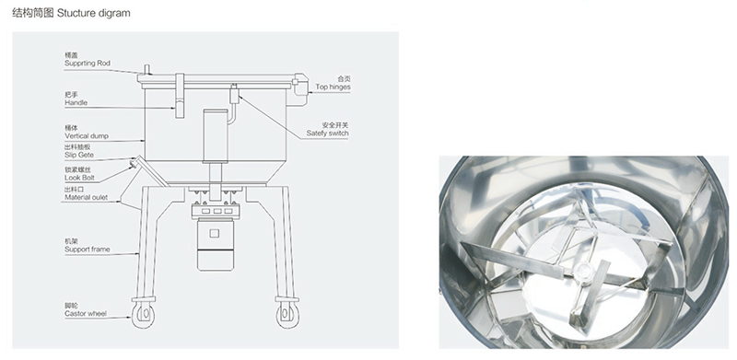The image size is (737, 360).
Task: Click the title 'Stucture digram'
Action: click(x=93, y=13)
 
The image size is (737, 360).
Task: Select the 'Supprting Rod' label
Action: click(x=88, y=63)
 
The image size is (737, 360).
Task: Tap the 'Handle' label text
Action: click(x=76, y=102)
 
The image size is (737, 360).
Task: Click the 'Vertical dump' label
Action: click(x=87, y=136)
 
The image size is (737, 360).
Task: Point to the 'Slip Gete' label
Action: click(x=79, y=155)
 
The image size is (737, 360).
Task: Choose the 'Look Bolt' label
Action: click(x=79, y=178)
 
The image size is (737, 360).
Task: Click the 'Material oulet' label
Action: click(x=86, y=197)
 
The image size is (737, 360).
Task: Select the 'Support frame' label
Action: click(x=87, y=250)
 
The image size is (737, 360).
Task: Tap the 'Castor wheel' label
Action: click(x=86, y=313)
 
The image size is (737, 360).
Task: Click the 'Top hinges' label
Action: click(x=333, y=87)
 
